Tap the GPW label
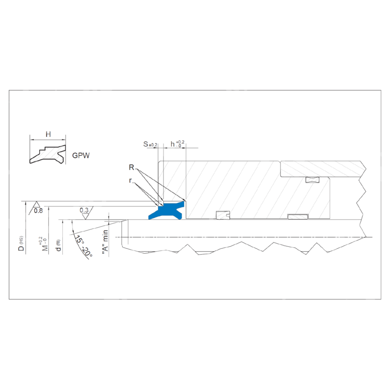(81, 156)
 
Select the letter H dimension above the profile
(48, 135)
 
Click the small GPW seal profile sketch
(47, 154)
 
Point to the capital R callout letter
(131, 167)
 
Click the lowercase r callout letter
(130, 180)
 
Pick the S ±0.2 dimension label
(150, 144)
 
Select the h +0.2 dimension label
(177, 144)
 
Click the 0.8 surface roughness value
(38, 211)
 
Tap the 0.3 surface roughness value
(84, 210)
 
